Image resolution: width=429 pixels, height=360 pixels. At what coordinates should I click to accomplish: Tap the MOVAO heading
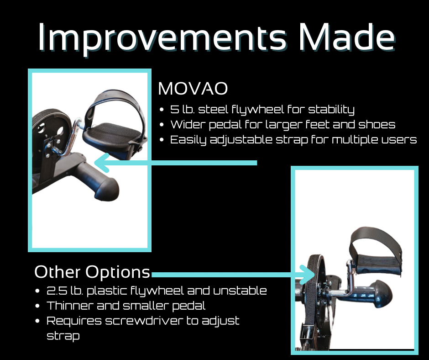coord(193,89)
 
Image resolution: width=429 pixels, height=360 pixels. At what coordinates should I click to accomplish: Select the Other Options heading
coord(92,272)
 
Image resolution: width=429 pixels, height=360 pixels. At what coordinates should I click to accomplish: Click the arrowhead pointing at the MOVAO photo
coord(101,163)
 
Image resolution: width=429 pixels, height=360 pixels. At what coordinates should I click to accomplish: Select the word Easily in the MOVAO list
coord(188,140)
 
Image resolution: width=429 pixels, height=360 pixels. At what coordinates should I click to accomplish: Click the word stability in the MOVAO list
coord(331,110)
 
